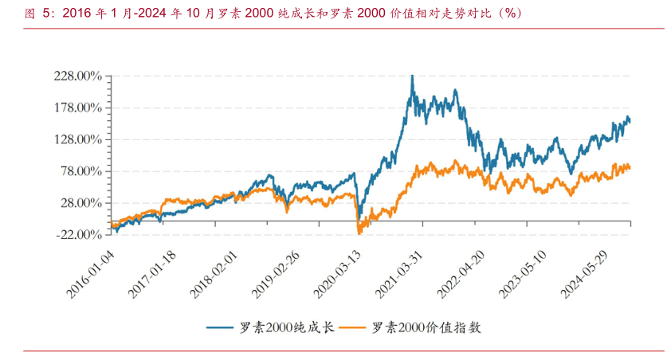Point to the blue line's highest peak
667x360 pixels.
click(412, 76)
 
